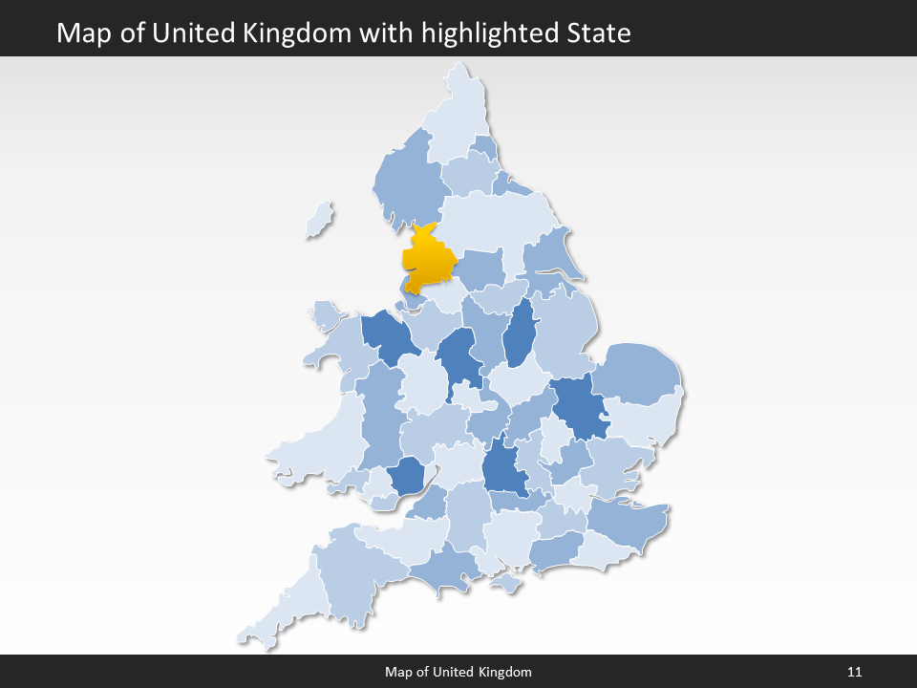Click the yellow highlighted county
(428, 260)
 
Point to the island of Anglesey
(325, 314)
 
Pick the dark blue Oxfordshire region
(503, 468)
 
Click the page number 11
(854, 672)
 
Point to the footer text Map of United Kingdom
(458, 672)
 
